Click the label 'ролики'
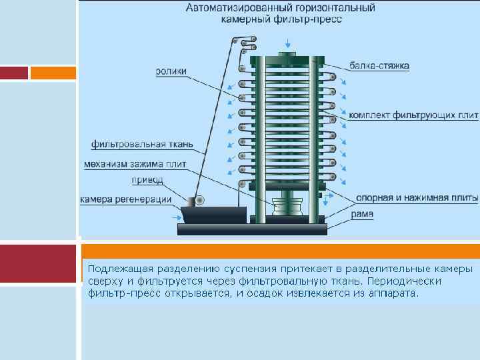pyautogui.click(x=171, y=71)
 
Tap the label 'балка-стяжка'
pyautogui.click(x=379, y=66)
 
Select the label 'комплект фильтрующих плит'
pyautogui.click(x=413, y=115)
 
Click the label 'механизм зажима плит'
pyautogui.click(x=135, y=164)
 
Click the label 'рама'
pyautogui.click(x=363, y=214)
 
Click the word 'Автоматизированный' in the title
pyautogui.click(x=227, y=8)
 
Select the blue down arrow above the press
pyautogui.click(x=287, y=42)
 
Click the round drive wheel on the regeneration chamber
pyautogui.click(x=197, y=200)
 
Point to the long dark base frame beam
pyautogui.click(x=252, y=229)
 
